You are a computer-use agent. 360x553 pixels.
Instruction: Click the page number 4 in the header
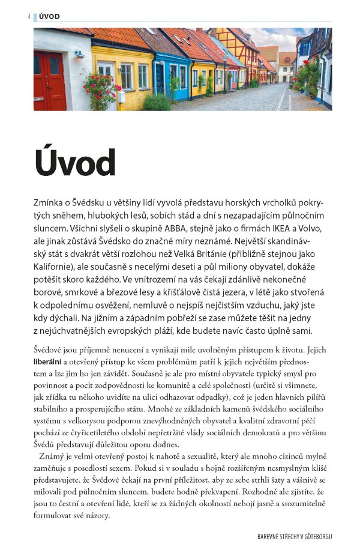point(29,16)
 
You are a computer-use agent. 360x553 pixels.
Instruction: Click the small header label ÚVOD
point(49,16)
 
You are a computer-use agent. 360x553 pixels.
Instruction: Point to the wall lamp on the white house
point(79,55)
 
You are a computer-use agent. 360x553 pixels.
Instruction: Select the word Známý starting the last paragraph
point(55,455)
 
